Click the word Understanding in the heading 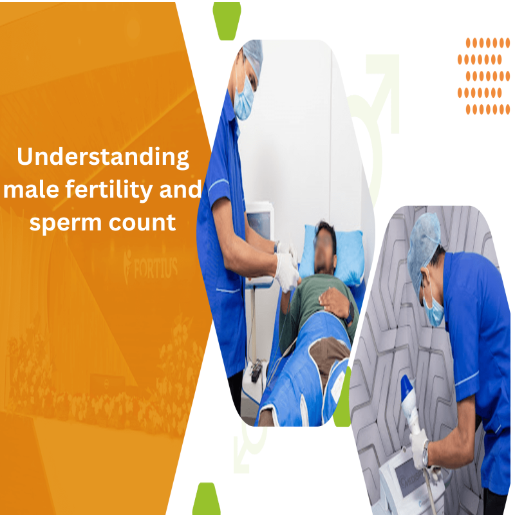[x=103, y=157]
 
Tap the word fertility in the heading [x=109, y=190]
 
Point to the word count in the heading [x=142, y=223]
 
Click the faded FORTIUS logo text [x=151, y=267]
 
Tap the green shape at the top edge [x=227, y=21]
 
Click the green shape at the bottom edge [x=206, y=498]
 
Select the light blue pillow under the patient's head [x=332, y=252]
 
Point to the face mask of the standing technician [x=245, y=98]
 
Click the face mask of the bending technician [x=433, y=310]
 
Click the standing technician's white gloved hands [x=286, y=266]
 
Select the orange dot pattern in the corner [x=483, y=76]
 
